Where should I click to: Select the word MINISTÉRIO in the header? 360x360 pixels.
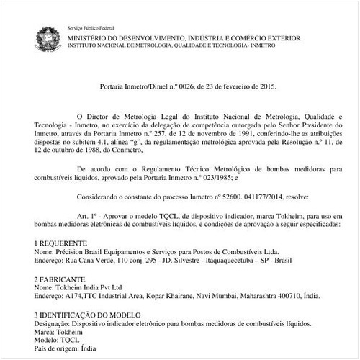[90, 36]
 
